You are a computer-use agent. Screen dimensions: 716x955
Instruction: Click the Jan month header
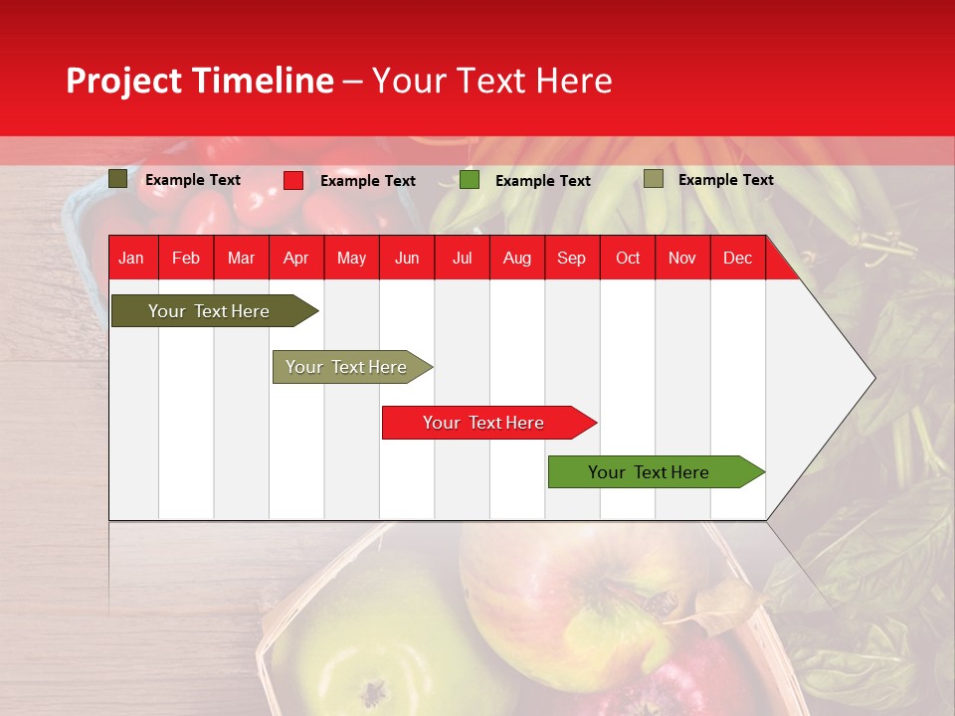click(131, 258)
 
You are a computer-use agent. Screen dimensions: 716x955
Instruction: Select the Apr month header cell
click(295, 258)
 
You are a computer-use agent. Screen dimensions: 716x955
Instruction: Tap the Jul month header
click(462, 258)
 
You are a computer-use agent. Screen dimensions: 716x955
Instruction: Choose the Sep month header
click(571, 258)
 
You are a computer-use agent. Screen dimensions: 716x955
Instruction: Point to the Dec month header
click(737, 258)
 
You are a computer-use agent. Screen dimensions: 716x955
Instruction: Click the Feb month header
click(186, 258)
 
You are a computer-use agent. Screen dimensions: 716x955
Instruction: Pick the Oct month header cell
click(628, 258)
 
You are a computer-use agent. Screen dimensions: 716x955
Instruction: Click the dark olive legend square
click(118, 179)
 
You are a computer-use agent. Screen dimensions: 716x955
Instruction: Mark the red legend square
click(293, 180)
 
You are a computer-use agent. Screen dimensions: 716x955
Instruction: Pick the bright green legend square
click(470, 180)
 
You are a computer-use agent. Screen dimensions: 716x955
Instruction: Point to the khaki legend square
click(653, 179)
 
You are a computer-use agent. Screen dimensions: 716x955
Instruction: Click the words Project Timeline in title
click(200, 81)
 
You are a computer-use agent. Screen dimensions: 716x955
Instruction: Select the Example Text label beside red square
click(367, 181)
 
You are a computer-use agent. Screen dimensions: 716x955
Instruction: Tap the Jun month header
click(407, 258)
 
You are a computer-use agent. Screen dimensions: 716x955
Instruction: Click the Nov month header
click(682, 258)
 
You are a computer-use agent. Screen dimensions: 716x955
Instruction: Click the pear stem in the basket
click(374, 689)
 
